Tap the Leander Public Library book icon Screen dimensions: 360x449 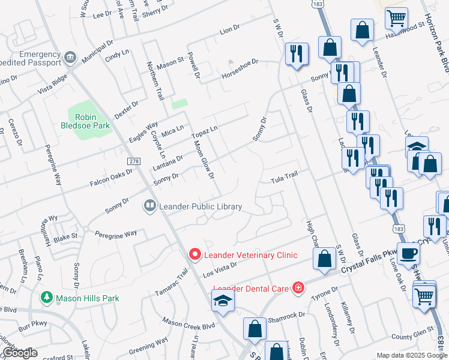(149, 206)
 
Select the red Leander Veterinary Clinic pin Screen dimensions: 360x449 (194, 255)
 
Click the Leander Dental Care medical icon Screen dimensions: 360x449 (297, 287)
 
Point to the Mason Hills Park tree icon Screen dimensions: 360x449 (46, 298)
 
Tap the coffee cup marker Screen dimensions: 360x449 (408, 253)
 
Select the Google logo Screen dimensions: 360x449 (20, 353)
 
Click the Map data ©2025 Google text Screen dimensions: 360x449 (411, 355)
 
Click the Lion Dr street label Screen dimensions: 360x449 (229, 29)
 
